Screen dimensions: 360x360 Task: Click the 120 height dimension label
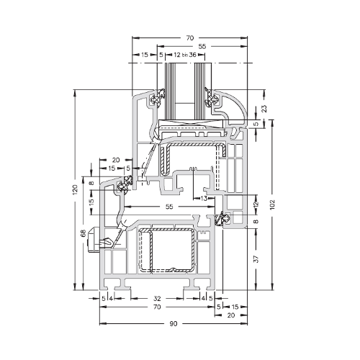(x=76, y=189)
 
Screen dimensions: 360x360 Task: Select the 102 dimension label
(x=272, y=204)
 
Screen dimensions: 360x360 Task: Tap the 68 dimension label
(x=83, y=233)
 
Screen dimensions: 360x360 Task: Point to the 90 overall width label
(x=174, y=324)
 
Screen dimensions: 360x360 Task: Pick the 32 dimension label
(x=157, y=299)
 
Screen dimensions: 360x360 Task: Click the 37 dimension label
(x=256, y=259)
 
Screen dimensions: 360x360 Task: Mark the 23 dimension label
(x=264, y=109)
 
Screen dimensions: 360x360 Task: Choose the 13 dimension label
(x=204, y=199)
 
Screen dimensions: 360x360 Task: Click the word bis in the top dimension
(x=184, y=55)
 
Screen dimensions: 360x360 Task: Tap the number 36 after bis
(x=192, y=55)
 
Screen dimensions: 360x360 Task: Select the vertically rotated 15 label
(x=91, y=202)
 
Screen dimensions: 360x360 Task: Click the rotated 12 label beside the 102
(x=256, y=204)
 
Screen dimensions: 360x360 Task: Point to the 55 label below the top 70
(x=202, y=46)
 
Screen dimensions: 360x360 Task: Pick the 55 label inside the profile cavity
(x=169, y=207)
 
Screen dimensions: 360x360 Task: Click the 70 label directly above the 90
(x=156, y=307)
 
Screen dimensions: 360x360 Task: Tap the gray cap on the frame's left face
(x=94, y=240)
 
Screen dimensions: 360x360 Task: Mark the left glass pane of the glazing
(x=169, y=91)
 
